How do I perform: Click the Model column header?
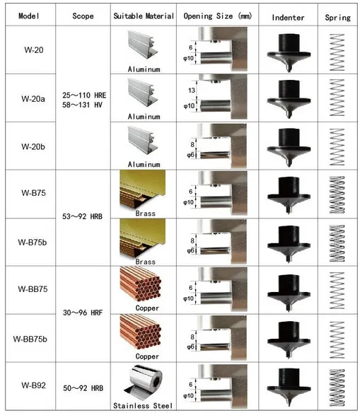tap(29, 16)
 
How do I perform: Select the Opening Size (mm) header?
tap(218, 16)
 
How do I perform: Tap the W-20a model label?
tap(33, 99)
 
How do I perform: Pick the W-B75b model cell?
tap(33, 243)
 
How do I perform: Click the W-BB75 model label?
tap(33, 289)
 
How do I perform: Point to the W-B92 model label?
tap(33, 385)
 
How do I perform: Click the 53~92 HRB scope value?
tap(82, 216)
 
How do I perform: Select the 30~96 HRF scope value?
tap(83, 313)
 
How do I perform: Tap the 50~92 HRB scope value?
tap(83, 388)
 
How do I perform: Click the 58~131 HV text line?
tap(82, 105)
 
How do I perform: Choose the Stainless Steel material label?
tap(143, 406)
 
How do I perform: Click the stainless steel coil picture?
tap(143, 383)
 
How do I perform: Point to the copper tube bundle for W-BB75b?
tap(140, 332)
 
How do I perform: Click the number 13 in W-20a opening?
tap(192, 91)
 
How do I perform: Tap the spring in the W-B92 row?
tap(337, 388)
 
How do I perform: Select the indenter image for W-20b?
tap(289, 147)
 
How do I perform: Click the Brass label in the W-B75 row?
tap(146, 214)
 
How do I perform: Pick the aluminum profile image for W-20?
tap(142, 45)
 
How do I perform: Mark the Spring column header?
tap(337, 18)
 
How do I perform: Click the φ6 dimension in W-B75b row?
tap(190, 250)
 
